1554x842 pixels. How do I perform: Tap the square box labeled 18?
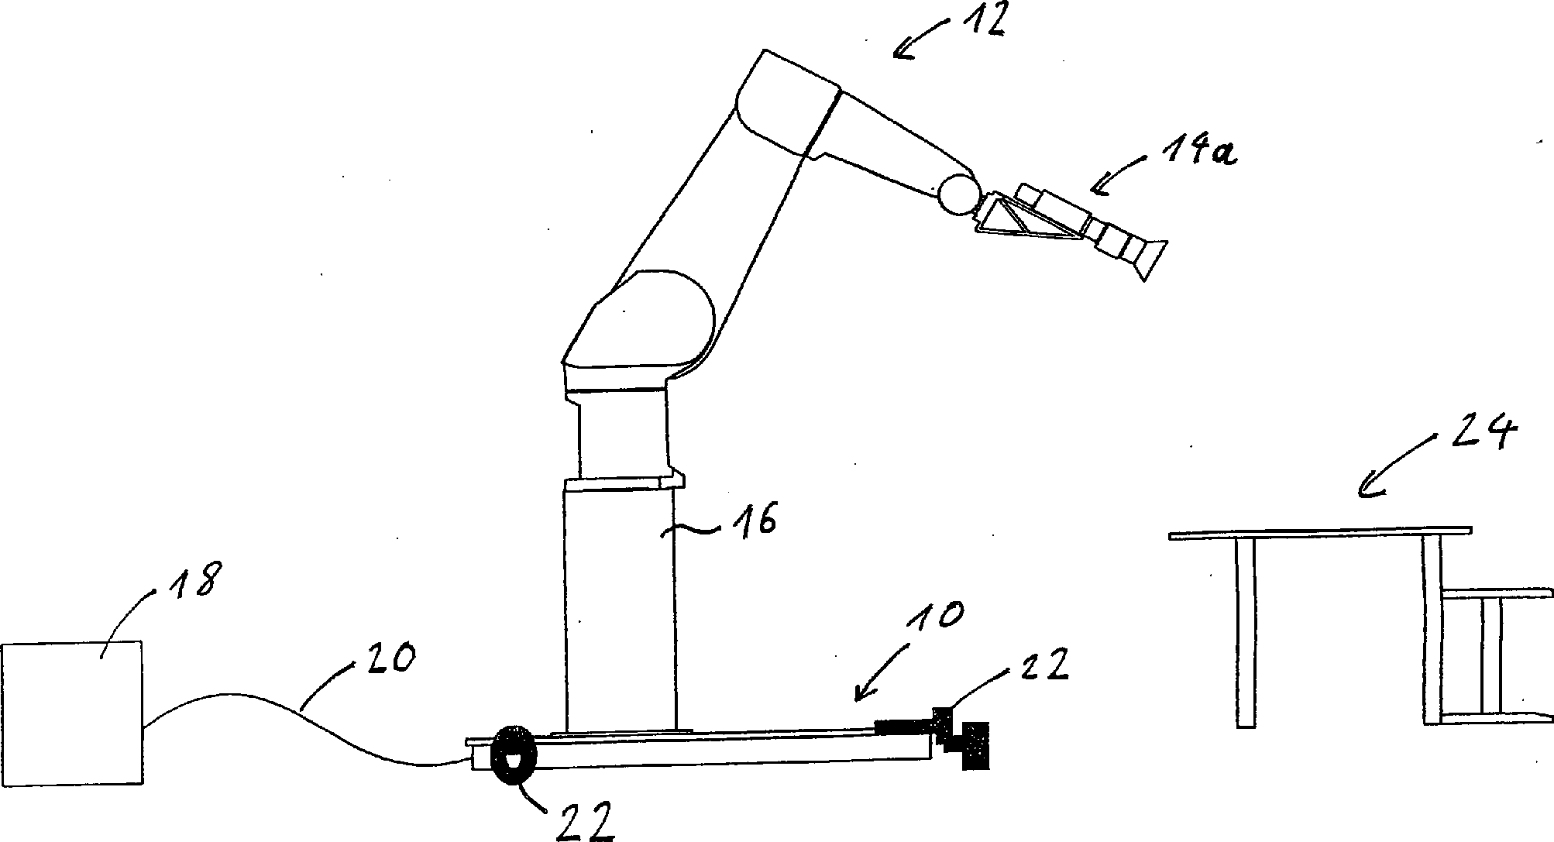coord(71,713)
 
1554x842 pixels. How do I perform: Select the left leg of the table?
coord(1245,631)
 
